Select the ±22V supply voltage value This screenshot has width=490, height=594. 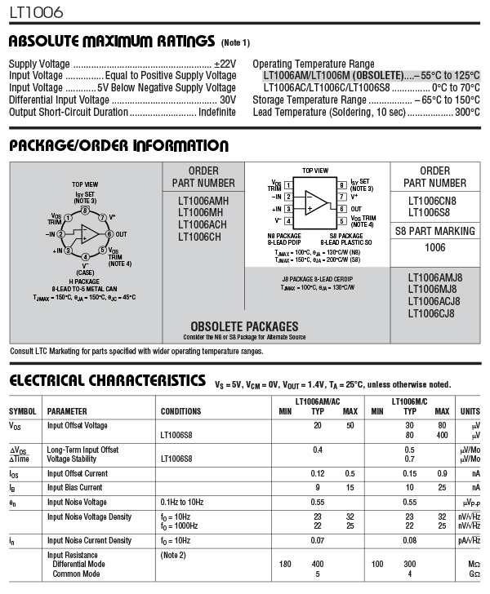pos(225,64)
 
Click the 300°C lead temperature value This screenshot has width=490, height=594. pos(467,112)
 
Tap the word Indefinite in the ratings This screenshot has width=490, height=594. pos(217,112)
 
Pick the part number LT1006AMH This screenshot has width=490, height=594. pos(203,201)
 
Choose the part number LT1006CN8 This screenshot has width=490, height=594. pos(432,201)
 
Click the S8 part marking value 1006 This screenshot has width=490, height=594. pos(435,247)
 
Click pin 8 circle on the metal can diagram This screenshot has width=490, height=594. pos(84,211)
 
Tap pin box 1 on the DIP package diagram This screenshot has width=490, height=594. pos(288,185)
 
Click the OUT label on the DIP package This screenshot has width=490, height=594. pos(357,208)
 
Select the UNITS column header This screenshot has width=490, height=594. pos(470,411)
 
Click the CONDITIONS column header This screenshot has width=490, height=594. pos(180,411)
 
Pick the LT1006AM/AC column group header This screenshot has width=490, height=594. pos(318,401)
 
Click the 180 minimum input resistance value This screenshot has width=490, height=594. pos(285,564)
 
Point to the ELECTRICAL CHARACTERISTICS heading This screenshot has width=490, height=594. pos(106,380)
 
